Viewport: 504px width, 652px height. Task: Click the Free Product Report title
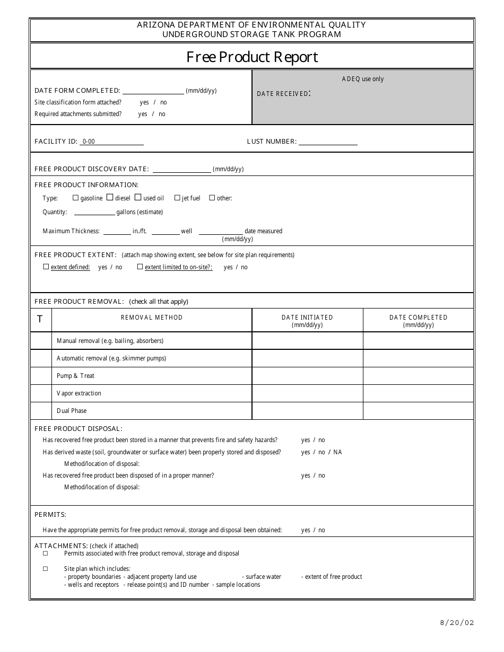[252, 57]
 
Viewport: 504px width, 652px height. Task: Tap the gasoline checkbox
[75, 198]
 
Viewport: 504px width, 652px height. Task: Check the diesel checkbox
[110, 197]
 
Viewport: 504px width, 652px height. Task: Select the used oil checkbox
[138, 197]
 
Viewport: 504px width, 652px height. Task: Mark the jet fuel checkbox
[177, 198]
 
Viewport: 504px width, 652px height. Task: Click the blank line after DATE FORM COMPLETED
[153, 91]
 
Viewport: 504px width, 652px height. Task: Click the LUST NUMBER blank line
[327, 142]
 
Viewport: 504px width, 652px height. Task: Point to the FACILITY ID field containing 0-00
[111, 142]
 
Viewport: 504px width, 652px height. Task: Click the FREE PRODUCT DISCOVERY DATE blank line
[181, 169]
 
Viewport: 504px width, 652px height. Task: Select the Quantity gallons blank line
[94, 212]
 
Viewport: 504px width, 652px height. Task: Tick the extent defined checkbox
[46, 267]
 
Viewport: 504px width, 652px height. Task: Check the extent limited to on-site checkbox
[140, 267]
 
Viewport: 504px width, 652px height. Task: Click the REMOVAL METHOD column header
[152, 318]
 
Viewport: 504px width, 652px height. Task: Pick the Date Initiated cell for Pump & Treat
[307, 376]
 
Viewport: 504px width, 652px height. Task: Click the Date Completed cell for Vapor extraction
[418, 393]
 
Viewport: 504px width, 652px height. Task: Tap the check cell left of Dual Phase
[41, 411]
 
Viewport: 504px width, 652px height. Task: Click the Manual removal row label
[110, 341]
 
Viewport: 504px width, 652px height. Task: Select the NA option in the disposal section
[337, 452]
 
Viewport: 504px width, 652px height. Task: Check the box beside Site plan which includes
[46, 569]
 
